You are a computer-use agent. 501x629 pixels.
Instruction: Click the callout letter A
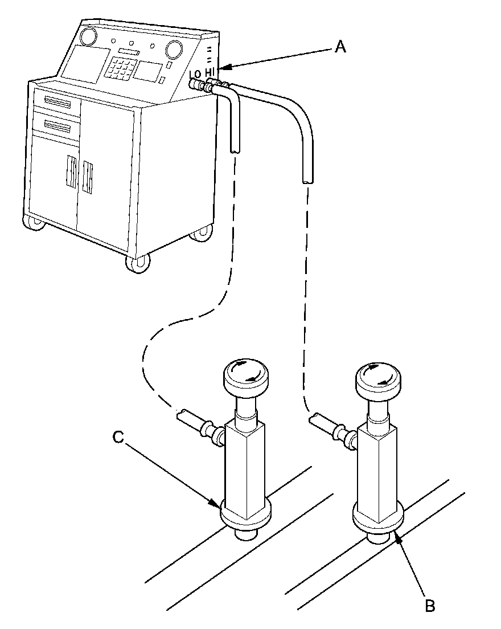coord(340,48)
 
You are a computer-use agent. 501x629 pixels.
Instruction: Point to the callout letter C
coord(118,437)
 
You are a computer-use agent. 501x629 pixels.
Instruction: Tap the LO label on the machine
coord(195,75)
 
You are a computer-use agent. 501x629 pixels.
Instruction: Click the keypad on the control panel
coord(121,69)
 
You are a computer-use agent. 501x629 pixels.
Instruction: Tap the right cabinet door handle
coord(88,176)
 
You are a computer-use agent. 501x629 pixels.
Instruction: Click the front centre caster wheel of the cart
coord(138,263)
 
